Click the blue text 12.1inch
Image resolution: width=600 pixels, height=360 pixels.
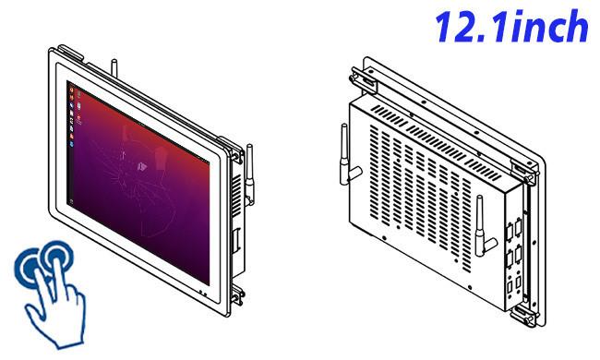tap(511, 26)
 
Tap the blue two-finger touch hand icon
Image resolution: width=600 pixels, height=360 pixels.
tap(50, 293)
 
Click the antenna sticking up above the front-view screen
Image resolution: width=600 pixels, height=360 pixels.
tap(114, 68)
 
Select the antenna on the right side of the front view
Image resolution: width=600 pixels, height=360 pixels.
tap(250, 174)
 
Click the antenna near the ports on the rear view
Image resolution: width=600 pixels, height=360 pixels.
tap(482, 226)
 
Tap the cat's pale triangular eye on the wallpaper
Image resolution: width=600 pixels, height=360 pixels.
tap(141, 166)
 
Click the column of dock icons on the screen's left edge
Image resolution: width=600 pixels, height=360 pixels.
tap(71, 116)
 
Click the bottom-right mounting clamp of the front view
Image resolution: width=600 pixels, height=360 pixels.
tap(237, 294)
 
